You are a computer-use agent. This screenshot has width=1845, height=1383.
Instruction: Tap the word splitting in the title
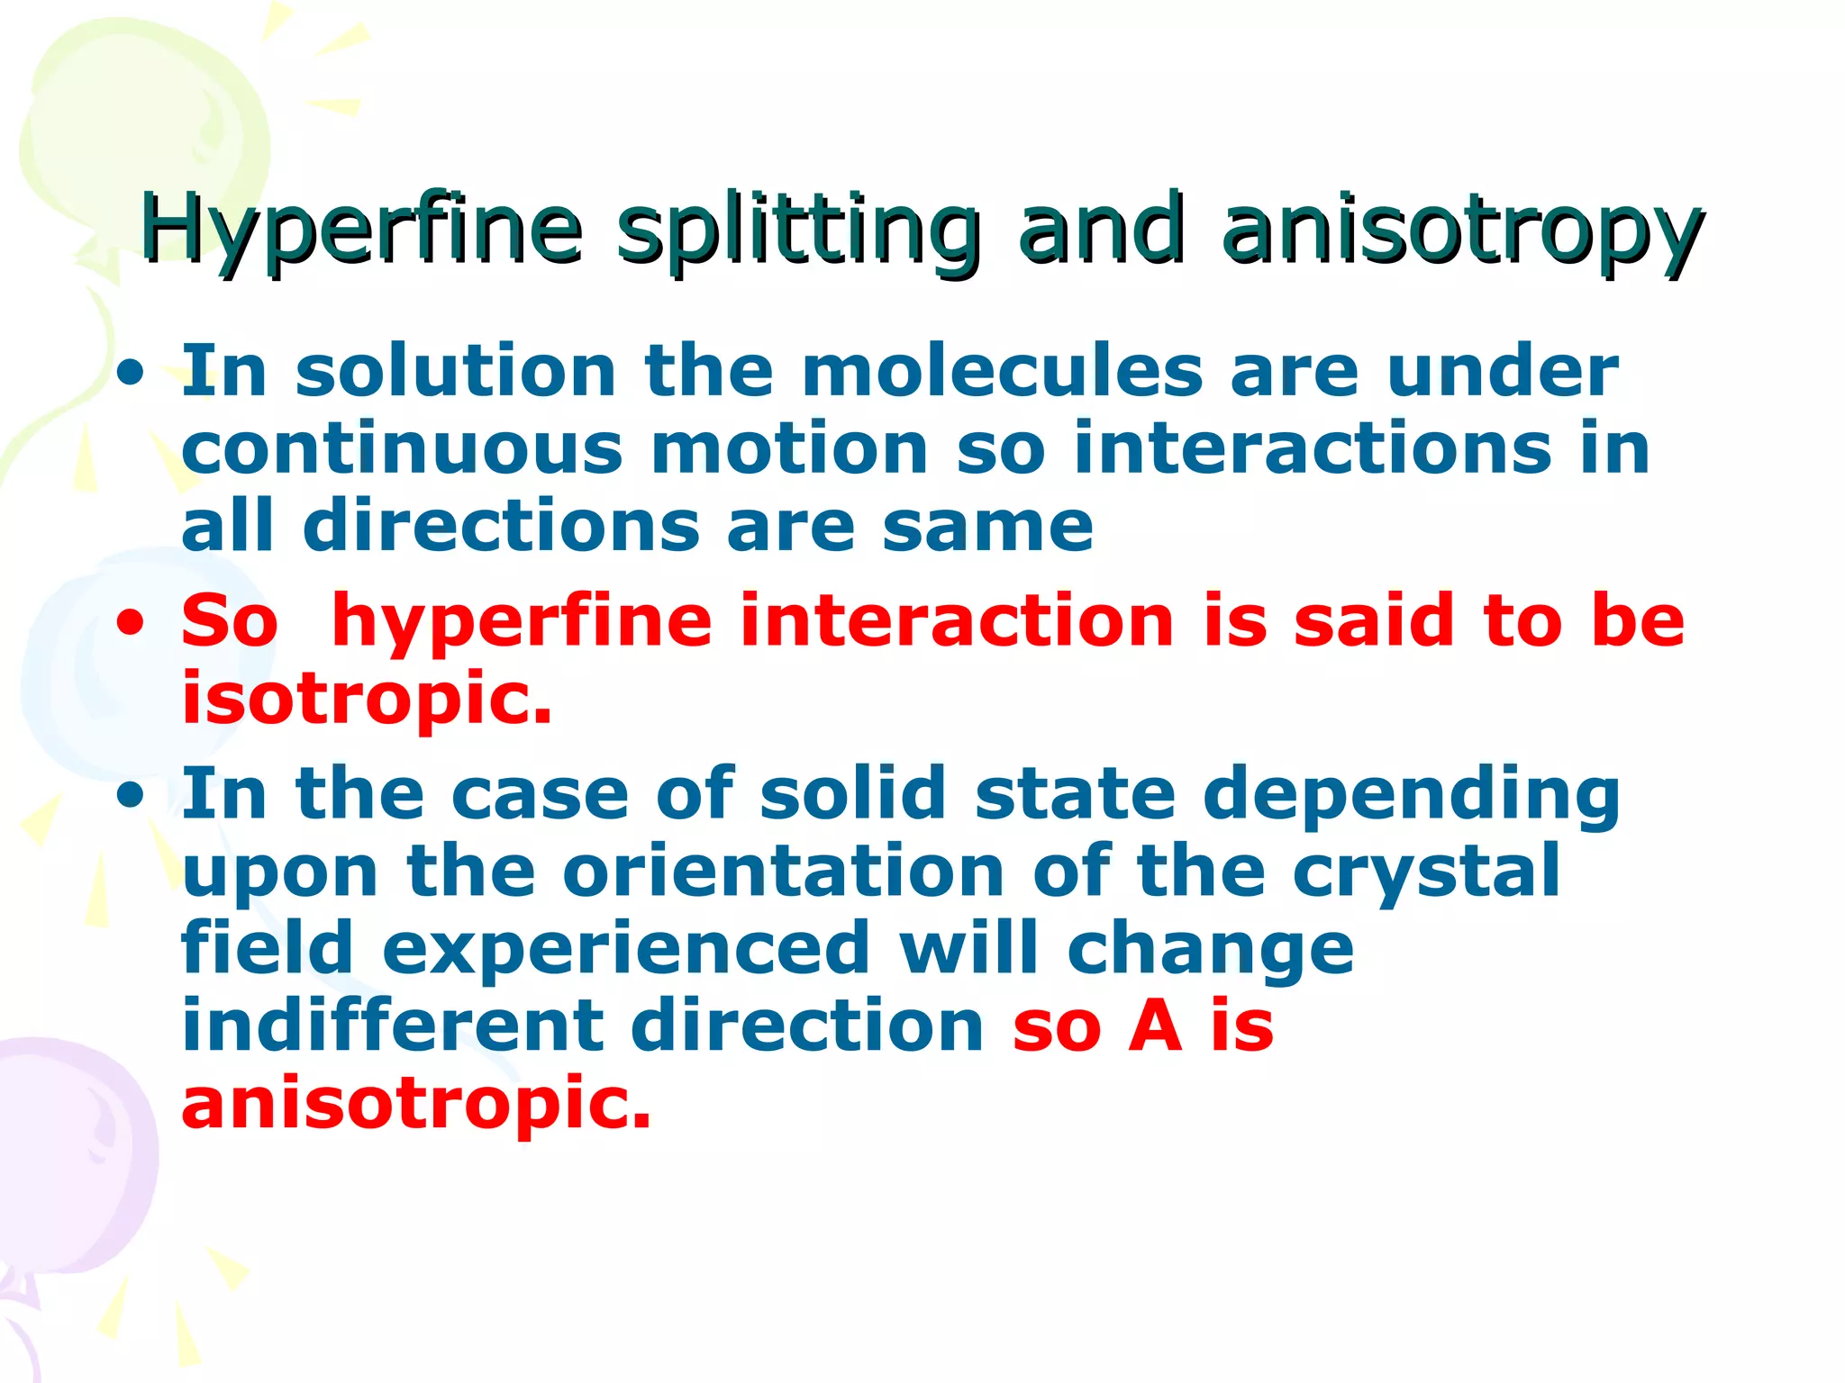(798, 230)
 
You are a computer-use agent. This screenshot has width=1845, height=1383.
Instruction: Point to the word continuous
(402, 448)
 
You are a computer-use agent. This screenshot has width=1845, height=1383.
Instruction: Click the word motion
(789, 448)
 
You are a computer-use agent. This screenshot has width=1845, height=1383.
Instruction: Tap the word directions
(501, 527)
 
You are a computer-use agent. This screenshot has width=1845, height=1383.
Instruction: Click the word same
(987, 527)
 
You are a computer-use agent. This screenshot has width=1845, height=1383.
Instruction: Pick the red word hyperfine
(522, 621)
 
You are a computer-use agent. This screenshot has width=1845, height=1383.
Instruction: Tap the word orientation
(784, 872)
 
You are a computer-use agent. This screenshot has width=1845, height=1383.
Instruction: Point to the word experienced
(626, 948)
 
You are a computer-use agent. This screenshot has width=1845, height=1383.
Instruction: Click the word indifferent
(393, 1026)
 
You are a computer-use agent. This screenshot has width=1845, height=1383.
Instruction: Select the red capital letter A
(1155, 1026)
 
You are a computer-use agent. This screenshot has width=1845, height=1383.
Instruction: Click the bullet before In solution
(132, 373)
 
